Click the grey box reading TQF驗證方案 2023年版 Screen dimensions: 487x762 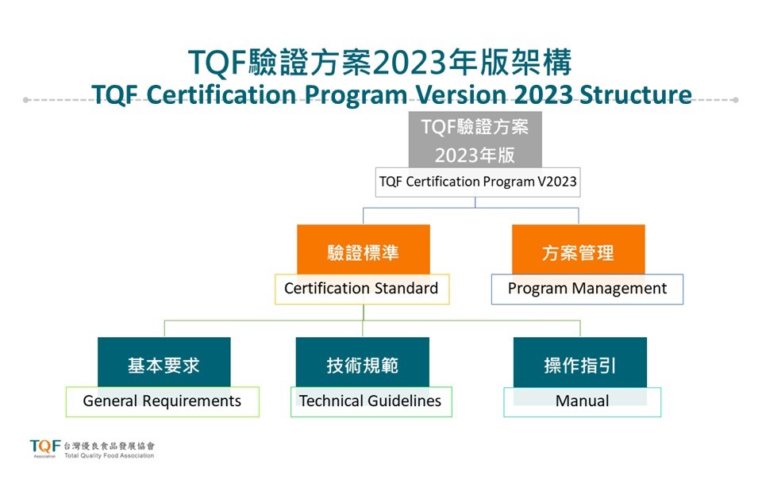[x=475, y=140]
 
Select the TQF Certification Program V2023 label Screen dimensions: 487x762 [x=478, y=182]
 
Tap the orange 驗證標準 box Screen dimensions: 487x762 [x=364, y=251]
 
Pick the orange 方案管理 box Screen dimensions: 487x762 [x=578, y=251]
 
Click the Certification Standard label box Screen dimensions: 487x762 [x=362, y=289]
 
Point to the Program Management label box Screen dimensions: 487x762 [x=587, y=289]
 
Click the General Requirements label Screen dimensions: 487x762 [x=162, y=401]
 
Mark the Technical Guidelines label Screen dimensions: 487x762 [x=371, y=401]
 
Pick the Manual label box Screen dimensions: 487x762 [x=583, y=401]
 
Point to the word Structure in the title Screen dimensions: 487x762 [x=635, y=94]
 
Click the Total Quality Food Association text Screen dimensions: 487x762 [x=109, y=456]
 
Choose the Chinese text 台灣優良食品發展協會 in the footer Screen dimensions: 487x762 [x=109, y=445]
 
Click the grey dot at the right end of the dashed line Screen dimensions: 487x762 [x=735, y=100]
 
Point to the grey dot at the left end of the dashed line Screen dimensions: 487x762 [x=26, y=100]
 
